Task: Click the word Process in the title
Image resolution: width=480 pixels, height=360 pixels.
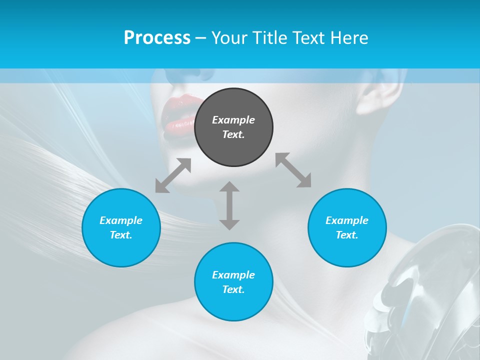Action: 157,38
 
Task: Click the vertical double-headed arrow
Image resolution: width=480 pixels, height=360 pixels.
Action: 229,205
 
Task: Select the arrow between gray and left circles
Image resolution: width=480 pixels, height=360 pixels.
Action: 173,175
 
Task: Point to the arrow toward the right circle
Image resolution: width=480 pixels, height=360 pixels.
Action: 293,170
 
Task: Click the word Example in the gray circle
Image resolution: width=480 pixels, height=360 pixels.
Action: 233,120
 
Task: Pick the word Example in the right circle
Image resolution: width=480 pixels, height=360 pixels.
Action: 347,220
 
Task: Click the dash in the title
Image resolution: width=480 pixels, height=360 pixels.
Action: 201,38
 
